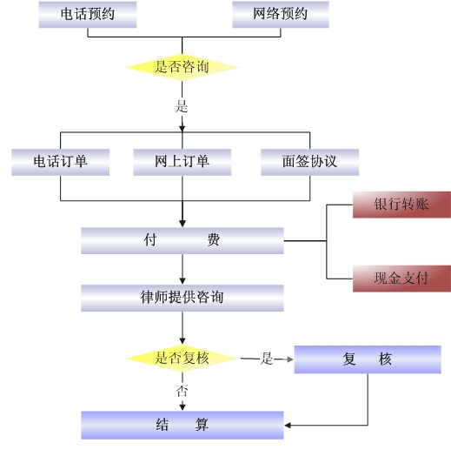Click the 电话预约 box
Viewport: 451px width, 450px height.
click(x=88, y=15)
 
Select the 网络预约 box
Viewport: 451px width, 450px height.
click(x=281, y=15)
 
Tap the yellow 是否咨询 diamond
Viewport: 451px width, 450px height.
click(x=182, y=67)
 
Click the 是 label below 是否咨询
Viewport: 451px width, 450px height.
click(x=182, y=106)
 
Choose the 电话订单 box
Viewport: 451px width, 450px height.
click(x=60, y=162)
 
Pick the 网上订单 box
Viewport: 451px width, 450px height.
click(x=182, y=162)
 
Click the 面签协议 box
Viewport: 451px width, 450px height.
click(x=310, y=162)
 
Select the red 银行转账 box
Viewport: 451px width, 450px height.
click(x=401, y=205)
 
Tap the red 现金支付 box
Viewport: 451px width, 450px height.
click(x=401, y=279)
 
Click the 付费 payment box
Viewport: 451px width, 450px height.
click(x=182, y=241)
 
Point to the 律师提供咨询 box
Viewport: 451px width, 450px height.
click(x=182, y=298)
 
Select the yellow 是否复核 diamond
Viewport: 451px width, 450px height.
click(x=182, y=359)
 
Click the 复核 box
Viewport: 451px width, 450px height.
click(x=368, y=359)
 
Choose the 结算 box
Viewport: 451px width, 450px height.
click(x=182, y=425)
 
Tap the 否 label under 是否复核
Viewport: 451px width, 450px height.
click(x=182, y=391)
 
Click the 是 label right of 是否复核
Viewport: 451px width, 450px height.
click(x=267, y=359)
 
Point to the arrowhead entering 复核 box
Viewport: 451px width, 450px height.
click(x=290, y=359)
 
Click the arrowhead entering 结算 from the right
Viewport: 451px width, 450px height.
click(x=288, y=426)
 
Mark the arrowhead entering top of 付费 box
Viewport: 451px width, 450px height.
click(x=182, y=224)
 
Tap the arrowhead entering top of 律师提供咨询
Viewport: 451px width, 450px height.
click(x=182, y=281)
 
